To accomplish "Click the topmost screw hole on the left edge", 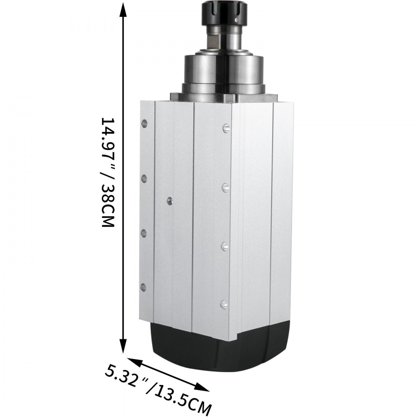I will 145,123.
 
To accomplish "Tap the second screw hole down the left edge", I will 144,178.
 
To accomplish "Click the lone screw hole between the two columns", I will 169,201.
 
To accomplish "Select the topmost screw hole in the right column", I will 225,127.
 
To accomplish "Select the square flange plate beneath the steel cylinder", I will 222,97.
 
